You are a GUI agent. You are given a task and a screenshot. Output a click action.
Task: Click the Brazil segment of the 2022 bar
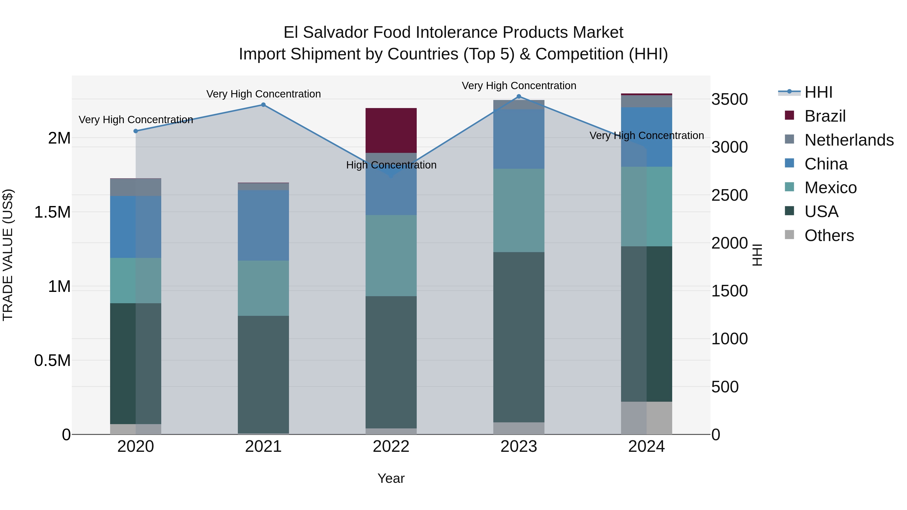coord(391,130)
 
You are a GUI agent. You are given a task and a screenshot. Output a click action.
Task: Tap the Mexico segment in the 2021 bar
coord(263,288)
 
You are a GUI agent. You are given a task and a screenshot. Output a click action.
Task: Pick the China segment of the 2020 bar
coord(136,227)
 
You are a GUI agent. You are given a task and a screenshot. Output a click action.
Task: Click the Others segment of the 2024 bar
coord(646,418)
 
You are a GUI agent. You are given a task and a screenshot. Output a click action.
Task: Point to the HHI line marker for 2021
coord(263,105)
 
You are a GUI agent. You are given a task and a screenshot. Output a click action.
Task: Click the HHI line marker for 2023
coord(519,96)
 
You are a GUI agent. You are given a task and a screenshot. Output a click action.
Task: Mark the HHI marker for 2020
coord(136,131)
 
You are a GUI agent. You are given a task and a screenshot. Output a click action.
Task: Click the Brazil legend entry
coord(825,116)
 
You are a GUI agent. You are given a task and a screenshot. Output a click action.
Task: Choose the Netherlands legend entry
coord(849,140)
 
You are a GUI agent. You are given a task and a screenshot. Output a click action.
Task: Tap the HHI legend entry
coord(818,92)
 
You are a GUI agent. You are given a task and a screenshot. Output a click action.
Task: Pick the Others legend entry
coord(829,235)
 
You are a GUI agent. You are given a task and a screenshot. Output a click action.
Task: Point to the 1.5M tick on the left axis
coord(52,212)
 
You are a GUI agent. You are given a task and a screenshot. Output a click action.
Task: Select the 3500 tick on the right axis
coord(730,99)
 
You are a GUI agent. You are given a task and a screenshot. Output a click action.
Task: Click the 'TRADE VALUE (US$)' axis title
coord(8,255)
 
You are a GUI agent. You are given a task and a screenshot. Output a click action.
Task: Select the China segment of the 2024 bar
coord(646,137)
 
